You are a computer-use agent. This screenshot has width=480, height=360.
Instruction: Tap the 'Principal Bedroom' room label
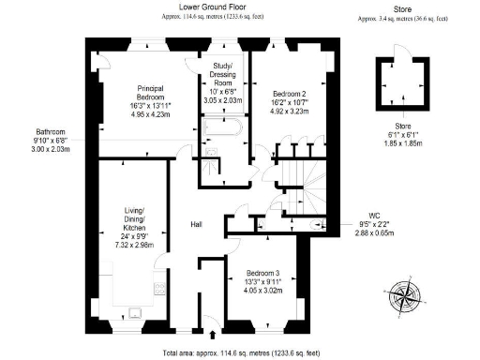151,90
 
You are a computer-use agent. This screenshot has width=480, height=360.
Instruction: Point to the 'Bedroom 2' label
289,93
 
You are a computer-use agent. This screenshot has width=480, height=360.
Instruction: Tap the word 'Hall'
197,225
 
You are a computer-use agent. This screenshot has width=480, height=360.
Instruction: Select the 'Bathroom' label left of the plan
50,132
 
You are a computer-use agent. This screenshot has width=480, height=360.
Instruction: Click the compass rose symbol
404,294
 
